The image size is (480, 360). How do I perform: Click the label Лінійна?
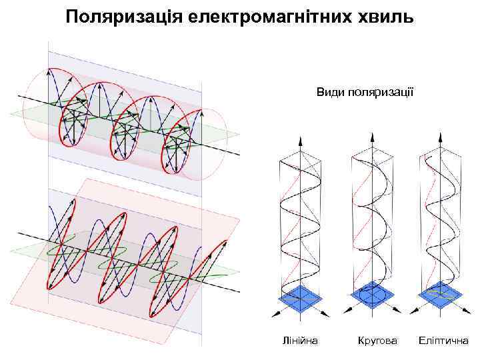(x=301, y=341)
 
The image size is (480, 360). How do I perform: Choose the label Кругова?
(x=377, y=341)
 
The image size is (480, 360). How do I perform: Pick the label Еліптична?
(x=443, y=341)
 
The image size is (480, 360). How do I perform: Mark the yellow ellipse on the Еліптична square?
(x=441, y=293)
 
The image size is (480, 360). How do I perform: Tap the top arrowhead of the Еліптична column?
(x=441, y=136)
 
